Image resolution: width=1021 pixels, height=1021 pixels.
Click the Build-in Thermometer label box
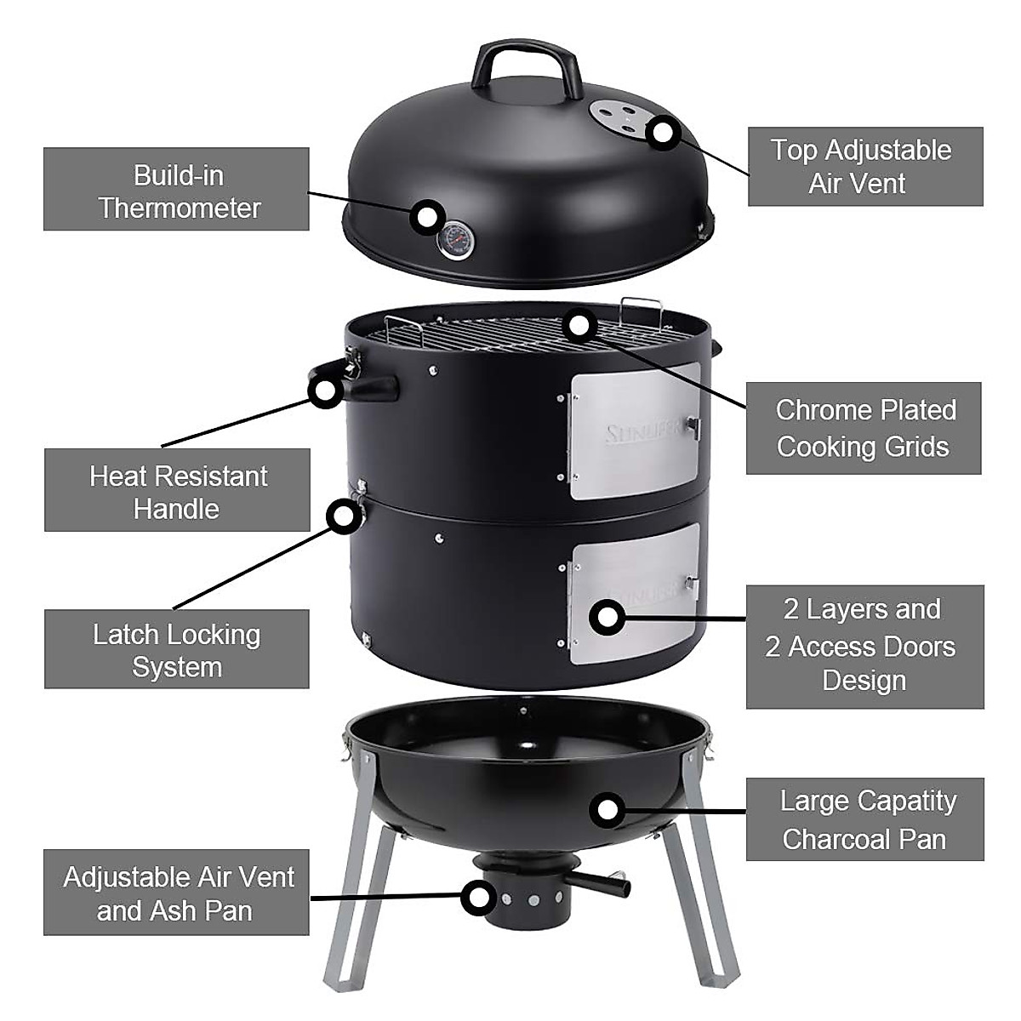point(176,189)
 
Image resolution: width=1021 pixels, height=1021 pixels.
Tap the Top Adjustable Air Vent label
point(864,167)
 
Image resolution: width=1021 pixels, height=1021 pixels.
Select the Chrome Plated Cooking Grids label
point(863,428)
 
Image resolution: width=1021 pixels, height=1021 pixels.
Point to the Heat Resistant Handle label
point(177,491)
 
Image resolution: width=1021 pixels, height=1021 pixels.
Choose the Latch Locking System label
point(176,649)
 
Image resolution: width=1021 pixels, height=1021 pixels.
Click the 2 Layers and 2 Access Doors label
point(864,646)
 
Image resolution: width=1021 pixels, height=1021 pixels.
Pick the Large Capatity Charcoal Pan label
point(864,819)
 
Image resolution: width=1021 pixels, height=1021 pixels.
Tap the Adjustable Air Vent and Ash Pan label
point(176,893)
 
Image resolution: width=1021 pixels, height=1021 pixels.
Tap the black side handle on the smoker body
point(372,388)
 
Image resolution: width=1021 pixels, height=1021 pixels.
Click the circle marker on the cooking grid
point(579,324)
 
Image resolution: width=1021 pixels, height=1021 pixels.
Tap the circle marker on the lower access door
point(606,617)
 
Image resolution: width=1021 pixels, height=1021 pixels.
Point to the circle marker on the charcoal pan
point(606,810)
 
